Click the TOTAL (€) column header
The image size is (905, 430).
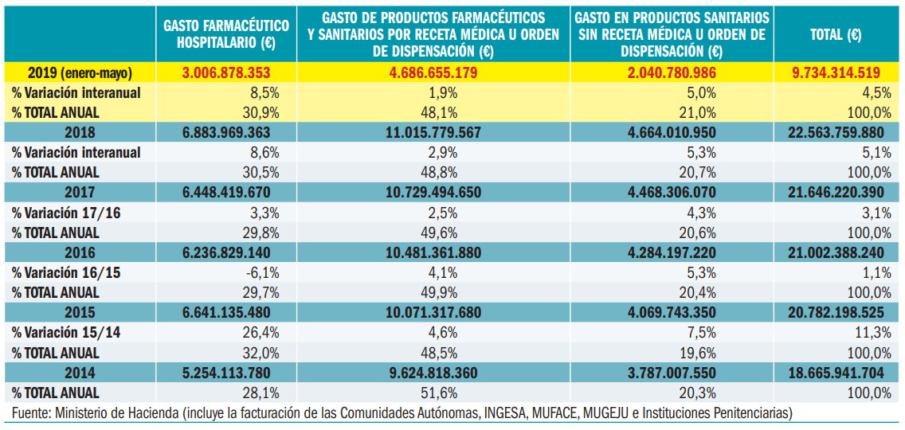(835, 34)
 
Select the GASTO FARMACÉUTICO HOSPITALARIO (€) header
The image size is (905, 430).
(226, 33)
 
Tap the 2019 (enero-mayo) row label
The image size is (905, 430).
(80, 72)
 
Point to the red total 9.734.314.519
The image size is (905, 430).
(835, 72)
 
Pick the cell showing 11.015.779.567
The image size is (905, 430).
(433, 132)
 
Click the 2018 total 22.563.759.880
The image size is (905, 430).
(835, 132)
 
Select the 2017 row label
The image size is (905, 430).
(80, 193)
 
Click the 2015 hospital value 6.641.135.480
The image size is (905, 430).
(226, 313)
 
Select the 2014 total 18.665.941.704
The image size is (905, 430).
(835, 373)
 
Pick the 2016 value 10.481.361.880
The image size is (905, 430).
(433, 252)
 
